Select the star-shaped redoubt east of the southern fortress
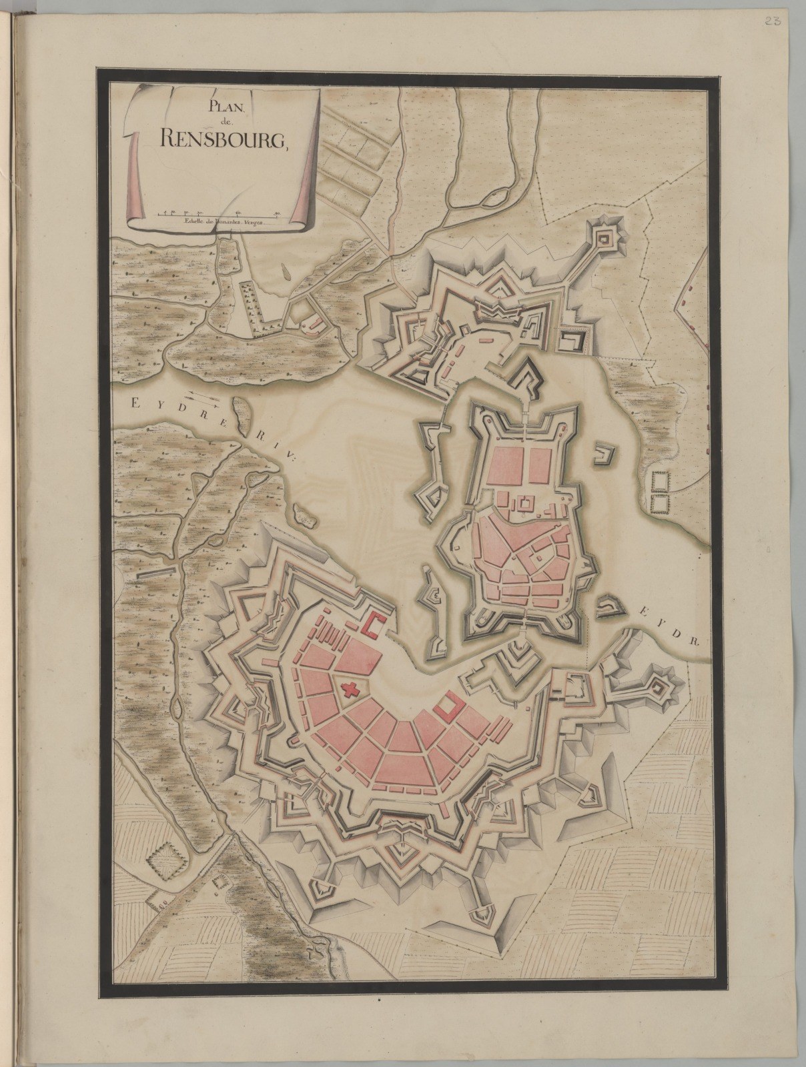(657, 689)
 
